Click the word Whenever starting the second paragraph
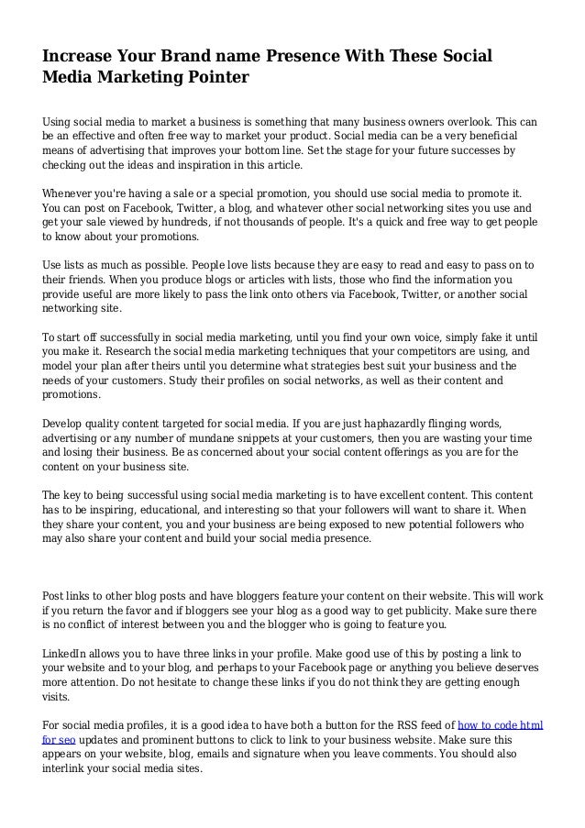[x=72, y=194]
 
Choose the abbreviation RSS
[x=386, y=725]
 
